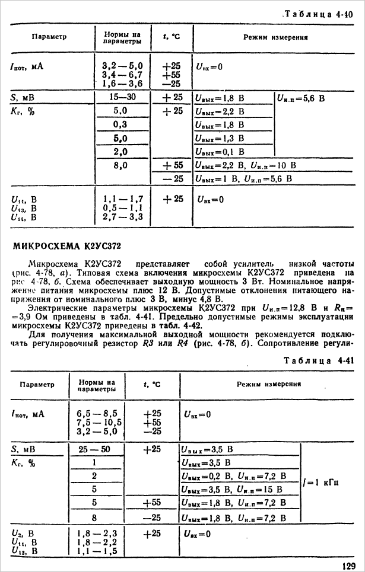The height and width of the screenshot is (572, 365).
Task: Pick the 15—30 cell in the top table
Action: tap(120, 97)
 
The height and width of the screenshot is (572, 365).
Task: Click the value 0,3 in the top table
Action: tap(120, 124)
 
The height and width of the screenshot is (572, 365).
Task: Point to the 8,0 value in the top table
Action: tap(120, 167)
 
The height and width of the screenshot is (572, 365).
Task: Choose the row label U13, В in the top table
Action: tap(24, 209)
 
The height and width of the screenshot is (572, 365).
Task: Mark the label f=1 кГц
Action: tap(321, 483)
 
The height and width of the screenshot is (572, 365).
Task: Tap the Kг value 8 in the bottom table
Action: tap(94, 517)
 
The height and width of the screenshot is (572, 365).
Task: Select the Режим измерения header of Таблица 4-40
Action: tap(275, 37)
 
